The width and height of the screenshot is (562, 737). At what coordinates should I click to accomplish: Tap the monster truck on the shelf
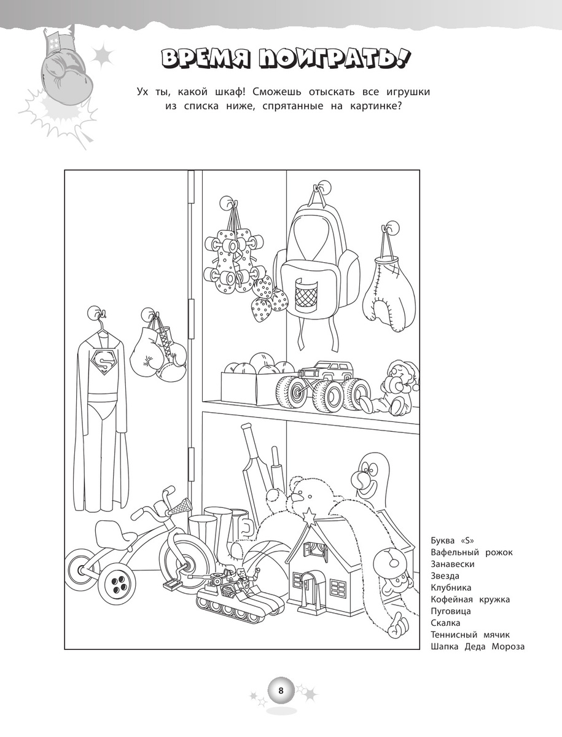click(x=323, y=385)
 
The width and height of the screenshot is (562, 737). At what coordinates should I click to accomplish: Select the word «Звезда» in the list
click(x=445, y=576)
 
